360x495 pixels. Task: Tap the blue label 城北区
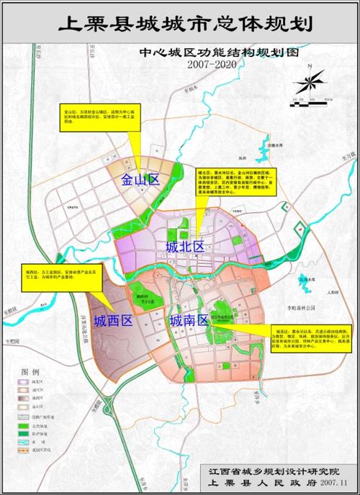[x=185, y=247]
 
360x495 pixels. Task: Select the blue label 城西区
[x=113, y=321]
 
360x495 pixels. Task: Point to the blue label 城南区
[x=189, y=321]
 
